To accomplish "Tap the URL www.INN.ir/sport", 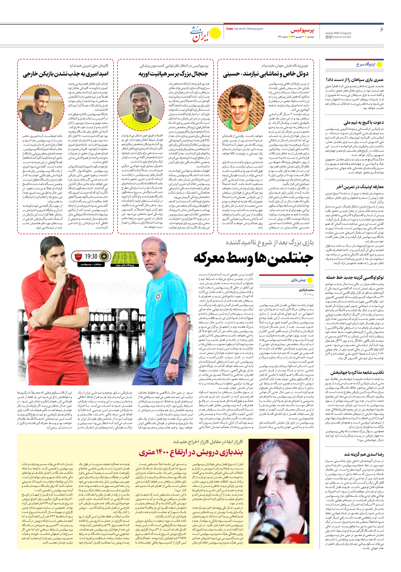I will pyautogui.click(x=338, y=33).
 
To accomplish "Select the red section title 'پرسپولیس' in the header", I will pyautogui.click(x=302, y=31).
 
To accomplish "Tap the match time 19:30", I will pyautogui.click(x=91, y=256).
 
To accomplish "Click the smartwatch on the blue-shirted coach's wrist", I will pyautogui.click(x=173, y=361).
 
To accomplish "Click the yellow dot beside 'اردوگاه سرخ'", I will pyautogui.click(x=380, y=65).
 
